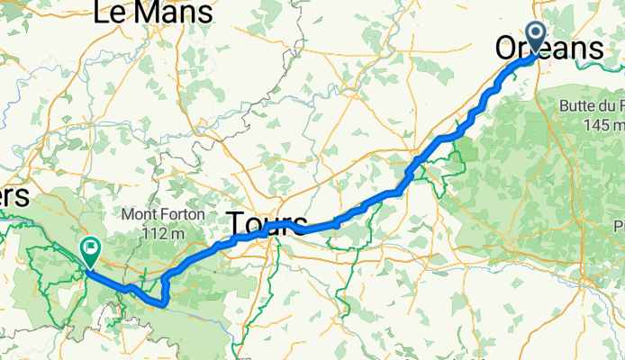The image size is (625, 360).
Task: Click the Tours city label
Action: tap(267, 224)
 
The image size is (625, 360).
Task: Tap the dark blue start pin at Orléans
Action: tap(535, 37)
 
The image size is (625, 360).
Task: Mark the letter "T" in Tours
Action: tap(235, 224)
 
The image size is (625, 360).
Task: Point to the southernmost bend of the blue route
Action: tap(162, 304)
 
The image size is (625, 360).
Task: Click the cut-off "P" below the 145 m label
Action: tap(620, 223)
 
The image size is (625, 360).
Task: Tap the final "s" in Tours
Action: tap(301, 224)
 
